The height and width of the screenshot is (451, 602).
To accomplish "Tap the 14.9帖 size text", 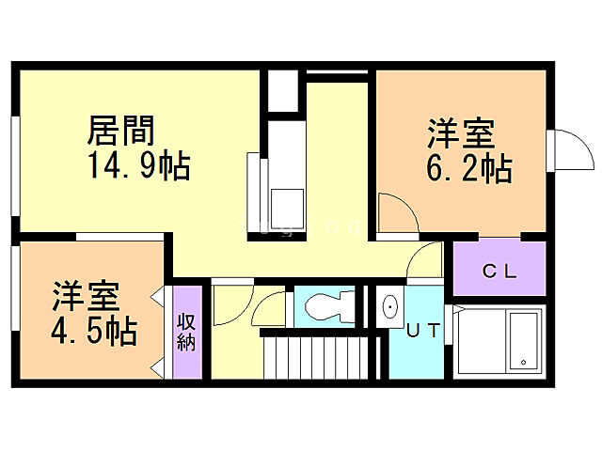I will click(139, 166).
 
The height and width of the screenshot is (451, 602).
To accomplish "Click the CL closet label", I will click(499, 272).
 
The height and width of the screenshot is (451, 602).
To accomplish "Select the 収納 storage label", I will click(185, 332).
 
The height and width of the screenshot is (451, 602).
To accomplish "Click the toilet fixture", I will click(327, 305).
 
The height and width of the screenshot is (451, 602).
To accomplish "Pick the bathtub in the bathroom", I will click(518, 341).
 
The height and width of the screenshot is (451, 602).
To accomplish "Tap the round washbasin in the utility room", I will click(389, 306).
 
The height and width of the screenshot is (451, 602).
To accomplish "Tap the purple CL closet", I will click(499, 268).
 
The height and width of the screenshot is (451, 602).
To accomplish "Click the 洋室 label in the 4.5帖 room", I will click(85, 296).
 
